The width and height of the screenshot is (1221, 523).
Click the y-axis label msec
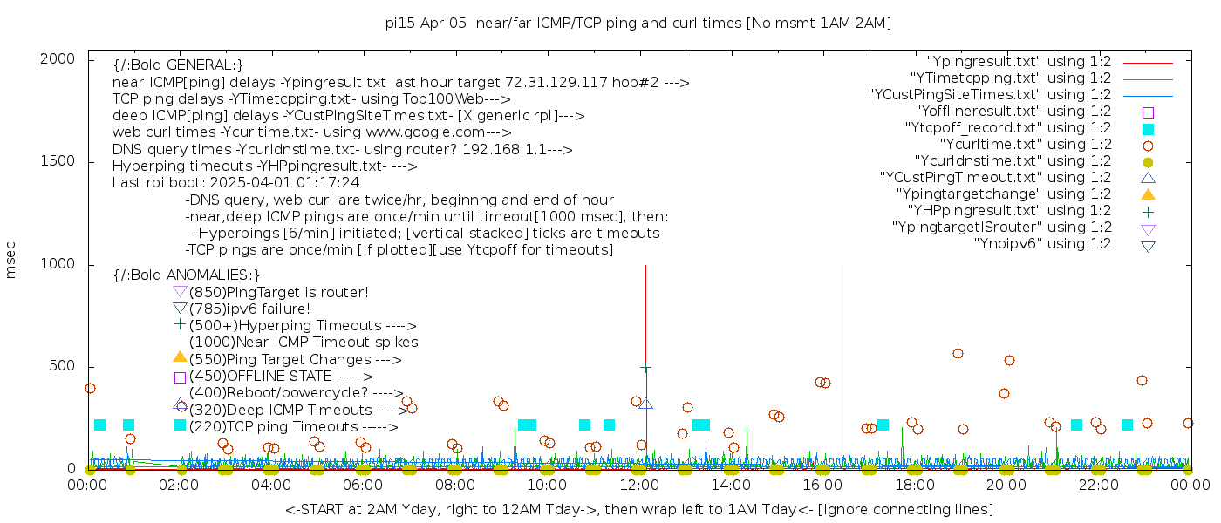tap(11, 262)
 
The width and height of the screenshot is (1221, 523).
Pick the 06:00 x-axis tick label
tap(364, 485)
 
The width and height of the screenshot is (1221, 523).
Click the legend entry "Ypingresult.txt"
tap(1019, 62)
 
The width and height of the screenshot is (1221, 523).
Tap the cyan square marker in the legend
tap(1148, 129)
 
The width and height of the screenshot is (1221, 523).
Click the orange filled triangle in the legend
tap(1148, 194)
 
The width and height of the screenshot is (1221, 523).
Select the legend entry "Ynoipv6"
tap(1042, 244)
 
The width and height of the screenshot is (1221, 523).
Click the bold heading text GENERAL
tap(178, 65)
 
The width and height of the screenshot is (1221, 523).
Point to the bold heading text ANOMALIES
tap(187, 275)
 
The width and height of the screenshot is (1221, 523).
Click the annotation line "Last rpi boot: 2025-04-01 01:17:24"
tap(235, 183)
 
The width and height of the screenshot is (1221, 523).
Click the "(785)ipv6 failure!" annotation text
tap(249, 309)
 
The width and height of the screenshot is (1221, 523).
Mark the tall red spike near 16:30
tap(842, 349)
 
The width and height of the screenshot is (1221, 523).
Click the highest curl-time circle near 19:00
tap(958, 354)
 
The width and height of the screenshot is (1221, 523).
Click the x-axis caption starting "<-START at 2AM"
tap(638, 509)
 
